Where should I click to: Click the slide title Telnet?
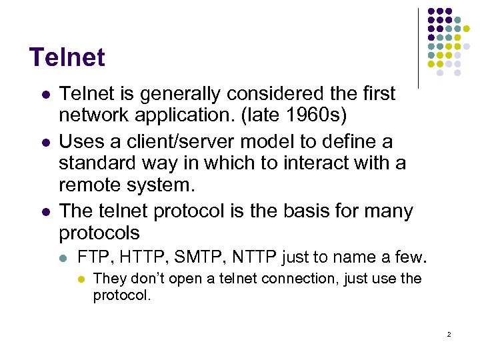pos(67,57)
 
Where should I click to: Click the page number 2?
pos(449,334)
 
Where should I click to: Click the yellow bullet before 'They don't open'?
pos(81,279)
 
